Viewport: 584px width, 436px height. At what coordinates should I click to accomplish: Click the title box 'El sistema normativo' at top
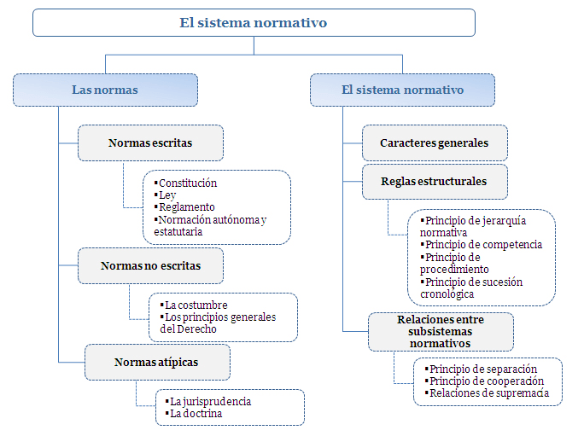(x=254, y=23)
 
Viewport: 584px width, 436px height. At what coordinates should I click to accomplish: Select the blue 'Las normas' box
(x=105, y=90)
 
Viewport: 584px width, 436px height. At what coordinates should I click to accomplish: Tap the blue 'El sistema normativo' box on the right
(x=402, y=90)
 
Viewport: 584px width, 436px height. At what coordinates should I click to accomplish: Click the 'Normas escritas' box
(x=150, y=142)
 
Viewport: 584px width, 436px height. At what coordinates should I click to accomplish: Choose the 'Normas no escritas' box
(x=150, y=265)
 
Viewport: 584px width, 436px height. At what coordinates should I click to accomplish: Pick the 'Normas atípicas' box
(x=156, y=362)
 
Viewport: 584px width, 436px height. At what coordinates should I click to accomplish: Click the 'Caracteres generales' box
(x=434, y=142)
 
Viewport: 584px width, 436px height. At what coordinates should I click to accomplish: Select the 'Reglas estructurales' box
(x=434, y=181)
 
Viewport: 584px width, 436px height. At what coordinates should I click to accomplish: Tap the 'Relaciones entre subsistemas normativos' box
(x=440, y=332)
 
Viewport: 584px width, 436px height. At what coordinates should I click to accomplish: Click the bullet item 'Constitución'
(x=187, y=183)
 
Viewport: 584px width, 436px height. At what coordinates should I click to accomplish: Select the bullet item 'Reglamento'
(x=187, y=207)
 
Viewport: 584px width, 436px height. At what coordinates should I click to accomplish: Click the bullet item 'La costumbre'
(x=197, y=305)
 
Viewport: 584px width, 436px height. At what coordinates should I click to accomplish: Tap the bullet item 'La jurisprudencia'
(x=210, y=401)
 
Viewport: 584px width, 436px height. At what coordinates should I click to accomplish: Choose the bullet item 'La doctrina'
(x=197, y=414)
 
